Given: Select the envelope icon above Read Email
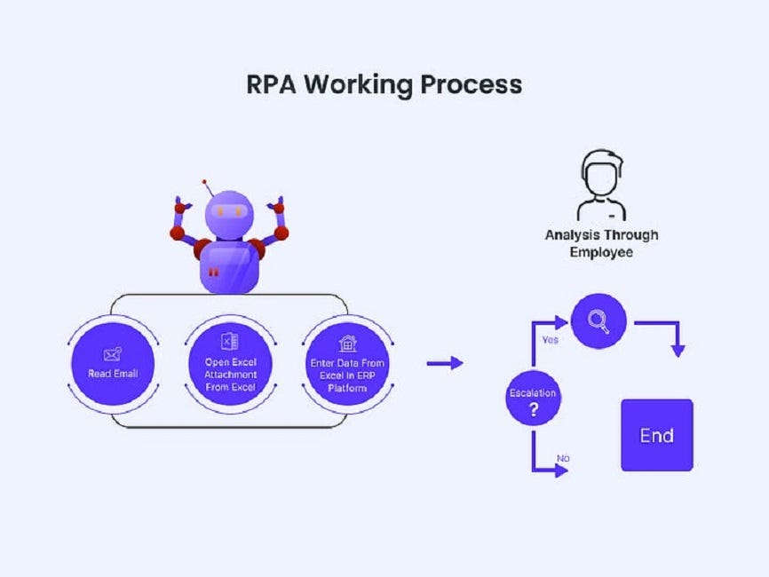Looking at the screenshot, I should [x=113, y=353].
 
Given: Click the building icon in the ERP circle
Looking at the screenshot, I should [x=348, y=343].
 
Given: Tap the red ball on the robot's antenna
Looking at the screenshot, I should [x=205, y=181].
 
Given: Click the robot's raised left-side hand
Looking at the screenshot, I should [x=182, y=206].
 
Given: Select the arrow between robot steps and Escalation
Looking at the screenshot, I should [x=445, y=362].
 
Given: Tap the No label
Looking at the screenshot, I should [x=563, y=458].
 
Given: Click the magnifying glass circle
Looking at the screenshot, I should [x=599, y=322].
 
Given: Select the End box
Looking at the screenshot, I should [x=656, y=435].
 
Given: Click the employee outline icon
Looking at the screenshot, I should [x=601, y=185].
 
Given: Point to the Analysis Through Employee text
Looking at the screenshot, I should [x=601, y=243].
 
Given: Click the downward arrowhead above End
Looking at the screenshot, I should [x=678, y=351].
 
